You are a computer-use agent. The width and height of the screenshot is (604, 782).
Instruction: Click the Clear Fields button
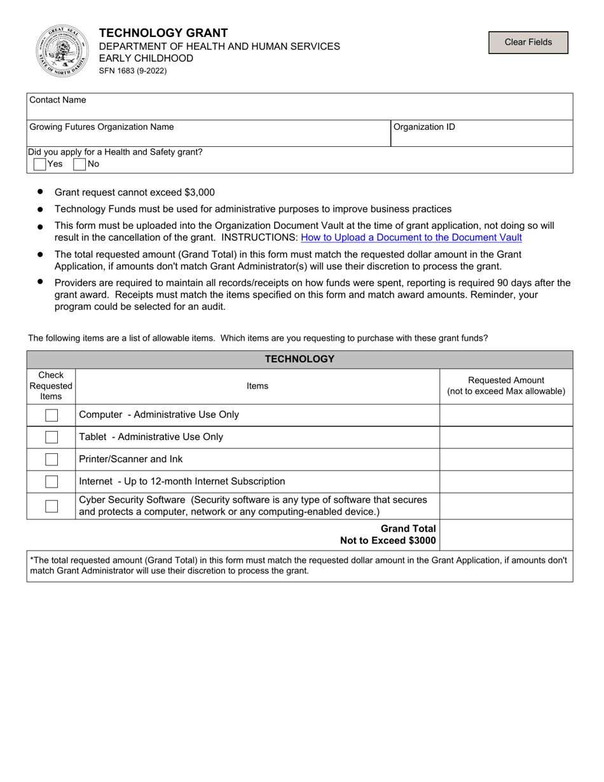click(x=528, y=42)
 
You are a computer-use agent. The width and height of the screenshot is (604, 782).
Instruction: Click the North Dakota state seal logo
click(x=62, y=51)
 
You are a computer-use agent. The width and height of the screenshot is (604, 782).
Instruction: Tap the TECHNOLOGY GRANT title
click(x=163, y=33)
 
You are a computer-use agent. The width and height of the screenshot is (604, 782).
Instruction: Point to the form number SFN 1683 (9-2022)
click(x=133, y=71)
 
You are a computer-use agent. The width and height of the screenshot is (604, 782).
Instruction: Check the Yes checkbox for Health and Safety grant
click(x=40, y=164)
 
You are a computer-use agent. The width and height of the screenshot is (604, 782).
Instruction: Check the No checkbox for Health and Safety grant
click(x=80, y=164)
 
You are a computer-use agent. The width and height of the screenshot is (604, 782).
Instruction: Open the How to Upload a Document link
click(x=411, y=237)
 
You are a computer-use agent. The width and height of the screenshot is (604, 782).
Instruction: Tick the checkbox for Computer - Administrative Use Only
click(x=51, y=415)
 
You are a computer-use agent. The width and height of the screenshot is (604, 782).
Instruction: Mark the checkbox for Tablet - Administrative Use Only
click(x=51, y=437)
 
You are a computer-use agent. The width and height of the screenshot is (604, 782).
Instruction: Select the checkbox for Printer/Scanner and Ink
click(x=51, y=459)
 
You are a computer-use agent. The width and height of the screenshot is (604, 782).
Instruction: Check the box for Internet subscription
click(x=51, y=481)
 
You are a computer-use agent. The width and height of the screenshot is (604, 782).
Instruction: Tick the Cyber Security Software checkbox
click(x=51, y=506)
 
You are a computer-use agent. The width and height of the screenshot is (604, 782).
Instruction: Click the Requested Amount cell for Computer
click(x=506, y=415)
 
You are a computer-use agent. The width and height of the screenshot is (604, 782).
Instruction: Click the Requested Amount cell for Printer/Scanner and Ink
click(x=506, y=459)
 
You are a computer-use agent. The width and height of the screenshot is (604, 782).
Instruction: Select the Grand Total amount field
click(x=506, y=535)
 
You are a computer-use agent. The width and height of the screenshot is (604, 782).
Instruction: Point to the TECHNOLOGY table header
click(x=299, y=359)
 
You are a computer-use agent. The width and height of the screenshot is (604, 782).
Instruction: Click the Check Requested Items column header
click(x=51, y=386)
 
